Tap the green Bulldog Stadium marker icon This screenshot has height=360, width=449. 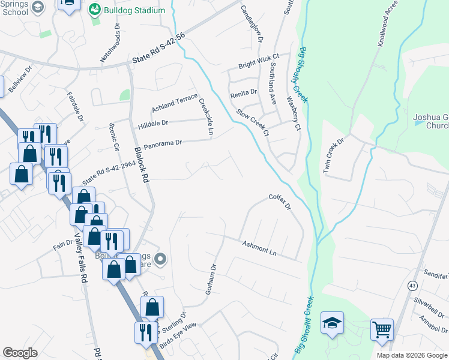click(94, 10)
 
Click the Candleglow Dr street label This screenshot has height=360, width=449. click(252, 24)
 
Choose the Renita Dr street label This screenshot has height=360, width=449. click(243, 93)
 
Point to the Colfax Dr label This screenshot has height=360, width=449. click(280, 201)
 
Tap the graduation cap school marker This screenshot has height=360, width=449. click(332, 323)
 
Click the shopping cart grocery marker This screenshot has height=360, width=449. click(382, 329)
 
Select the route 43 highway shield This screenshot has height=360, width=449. click(412, 285)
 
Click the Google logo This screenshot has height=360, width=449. click(20, 353)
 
